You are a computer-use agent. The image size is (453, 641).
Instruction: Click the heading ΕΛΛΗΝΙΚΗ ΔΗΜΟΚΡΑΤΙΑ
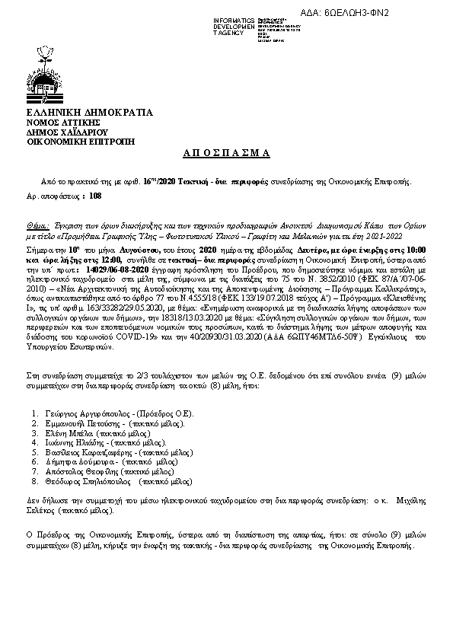(x=89, y=113)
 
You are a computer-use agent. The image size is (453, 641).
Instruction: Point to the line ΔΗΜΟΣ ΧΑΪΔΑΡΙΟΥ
(x=68, y=132)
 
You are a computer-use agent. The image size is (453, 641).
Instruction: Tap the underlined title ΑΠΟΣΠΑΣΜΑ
(x=227, y=153)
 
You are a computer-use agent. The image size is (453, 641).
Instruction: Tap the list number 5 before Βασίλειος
(x=35, y=451)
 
